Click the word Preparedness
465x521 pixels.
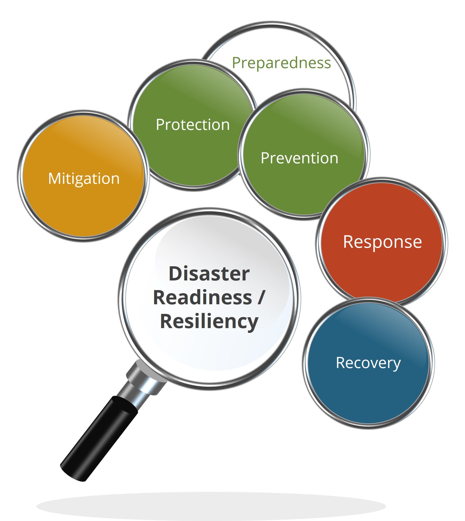281,63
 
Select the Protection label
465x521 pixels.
193,125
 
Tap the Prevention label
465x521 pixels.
299,158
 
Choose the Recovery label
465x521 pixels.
368,363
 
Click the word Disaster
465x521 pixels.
209,274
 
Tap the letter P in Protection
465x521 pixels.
160,125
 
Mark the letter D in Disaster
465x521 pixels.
175,274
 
